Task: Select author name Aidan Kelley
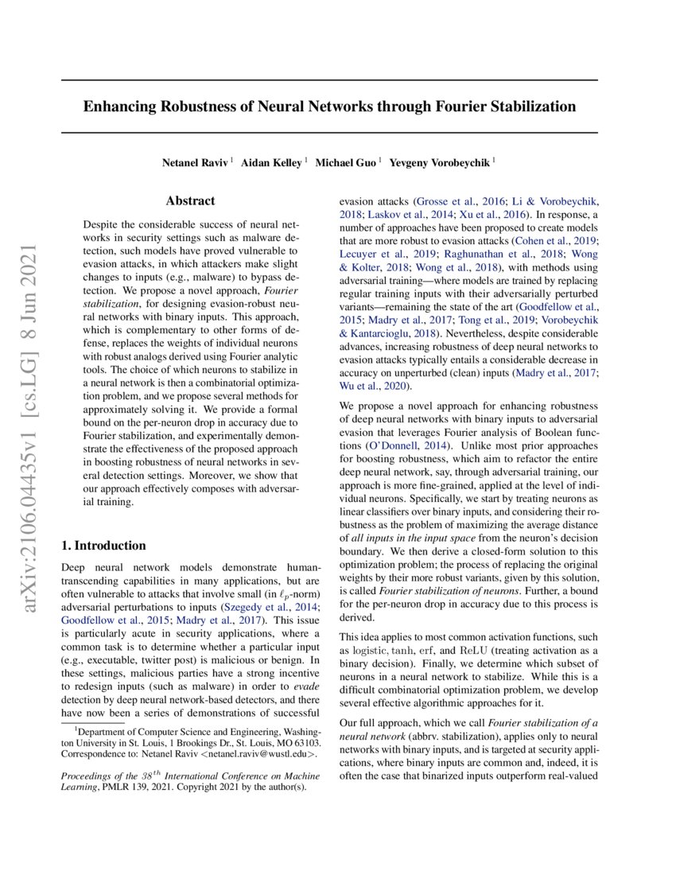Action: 271,162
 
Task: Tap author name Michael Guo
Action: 346,162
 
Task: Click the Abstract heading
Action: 190,201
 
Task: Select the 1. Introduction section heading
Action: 103,546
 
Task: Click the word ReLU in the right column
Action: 475,650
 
